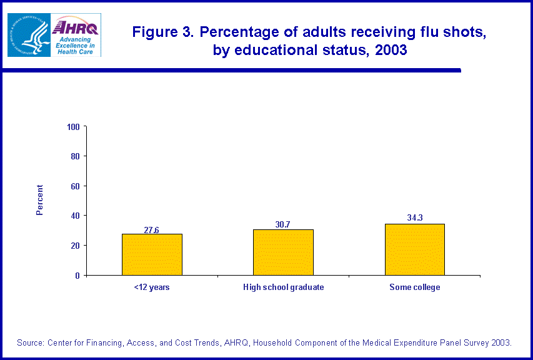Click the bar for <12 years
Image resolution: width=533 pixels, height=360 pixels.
coord(152,254)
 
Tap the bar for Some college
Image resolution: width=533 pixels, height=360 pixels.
coord(414,249)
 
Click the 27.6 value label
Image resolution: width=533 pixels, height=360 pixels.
coord(152,230)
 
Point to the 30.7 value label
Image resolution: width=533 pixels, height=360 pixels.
coord(283,224)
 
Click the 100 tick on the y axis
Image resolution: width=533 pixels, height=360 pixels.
coord(74,127)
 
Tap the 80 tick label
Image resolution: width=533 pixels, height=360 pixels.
coord(76,156)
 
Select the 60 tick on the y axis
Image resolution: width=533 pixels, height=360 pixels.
coord(76,186)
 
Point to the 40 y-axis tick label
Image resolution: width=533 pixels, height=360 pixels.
coord(76,216)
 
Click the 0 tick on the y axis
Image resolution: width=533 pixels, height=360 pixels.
coord(78,275)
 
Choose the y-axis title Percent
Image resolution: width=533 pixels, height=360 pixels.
coord(40,200)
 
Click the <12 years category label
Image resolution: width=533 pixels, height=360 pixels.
coord(152,287)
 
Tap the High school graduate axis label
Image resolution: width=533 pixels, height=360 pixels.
coord(283,287)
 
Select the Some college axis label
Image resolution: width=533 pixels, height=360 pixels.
coord(415,287)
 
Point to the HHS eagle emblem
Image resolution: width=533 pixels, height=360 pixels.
coord(28,35)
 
